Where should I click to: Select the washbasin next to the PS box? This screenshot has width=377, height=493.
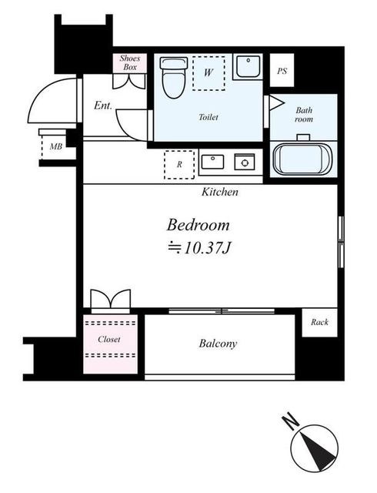[248, 68]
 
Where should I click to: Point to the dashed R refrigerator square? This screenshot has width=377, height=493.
[178, 164]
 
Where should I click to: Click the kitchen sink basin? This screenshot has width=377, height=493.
[212, 162]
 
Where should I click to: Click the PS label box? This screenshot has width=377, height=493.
[282, 72]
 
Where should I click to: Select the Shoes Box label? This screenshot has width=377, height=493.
[128, 62]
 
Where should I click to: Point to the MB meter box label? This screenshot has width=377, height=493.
[55, 146]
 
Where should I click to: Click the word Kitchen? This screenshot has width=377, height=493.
[220, 192]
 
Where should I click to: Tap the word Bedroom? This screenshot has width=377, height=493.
[199, 225]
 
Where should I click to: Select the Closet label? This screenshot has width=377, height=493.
[109, 339]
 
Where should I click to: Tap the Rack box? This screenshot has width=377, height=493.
[319, 322]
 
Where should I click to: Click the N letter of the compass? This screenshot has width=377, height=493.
[290, 421]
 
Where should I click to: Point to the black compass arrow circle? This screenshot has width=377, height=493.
[314, 446]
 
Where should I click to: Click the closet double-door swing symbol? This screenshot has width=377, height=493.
[110, 299]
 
